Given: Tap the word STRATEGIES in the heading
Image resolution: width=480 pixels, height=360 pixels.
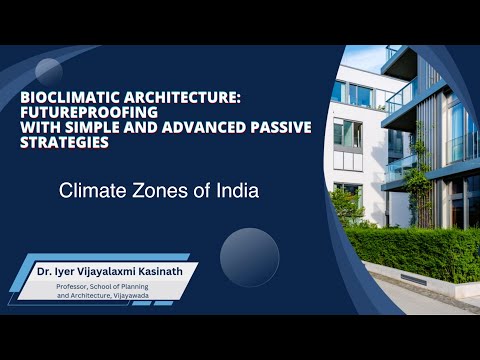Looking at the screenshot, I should tap(64, 142).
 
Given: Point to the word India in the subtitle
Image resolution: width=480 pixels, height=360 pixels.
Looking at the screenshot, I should tap(238, 191).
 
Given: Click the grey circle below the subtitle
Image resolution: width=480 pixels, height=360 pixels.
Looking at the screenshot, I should tap(249, 257).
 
